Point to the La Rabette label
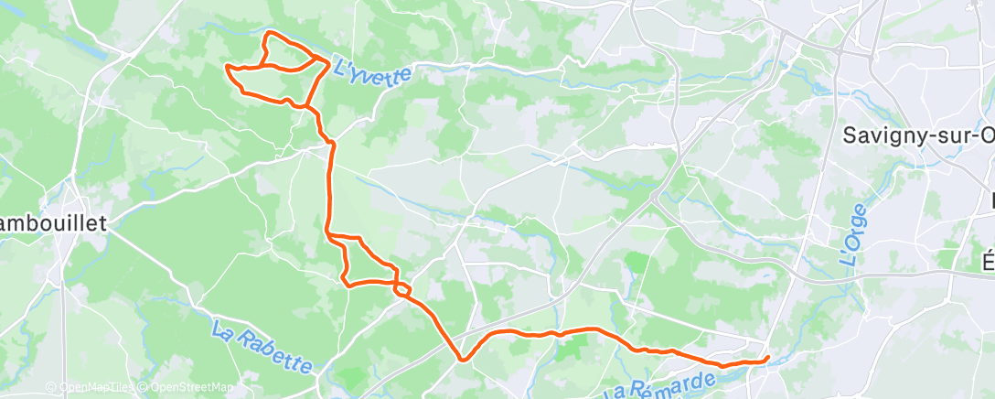coord(261,346)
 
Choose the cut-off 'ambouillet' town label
coord(53,222)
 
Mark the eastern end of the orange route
coord(767,358)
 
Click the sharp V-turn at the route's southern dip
coord(463,359)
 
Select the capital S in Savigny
coord(849,135)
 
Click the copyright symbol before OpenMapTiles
coord(51,387)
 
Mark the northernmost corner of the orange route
coord(268,33)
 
